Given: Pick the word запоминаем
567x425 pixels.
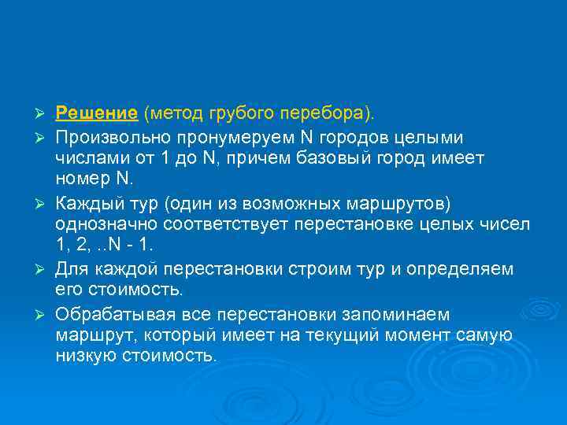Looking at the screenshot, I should pos(406,314).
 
